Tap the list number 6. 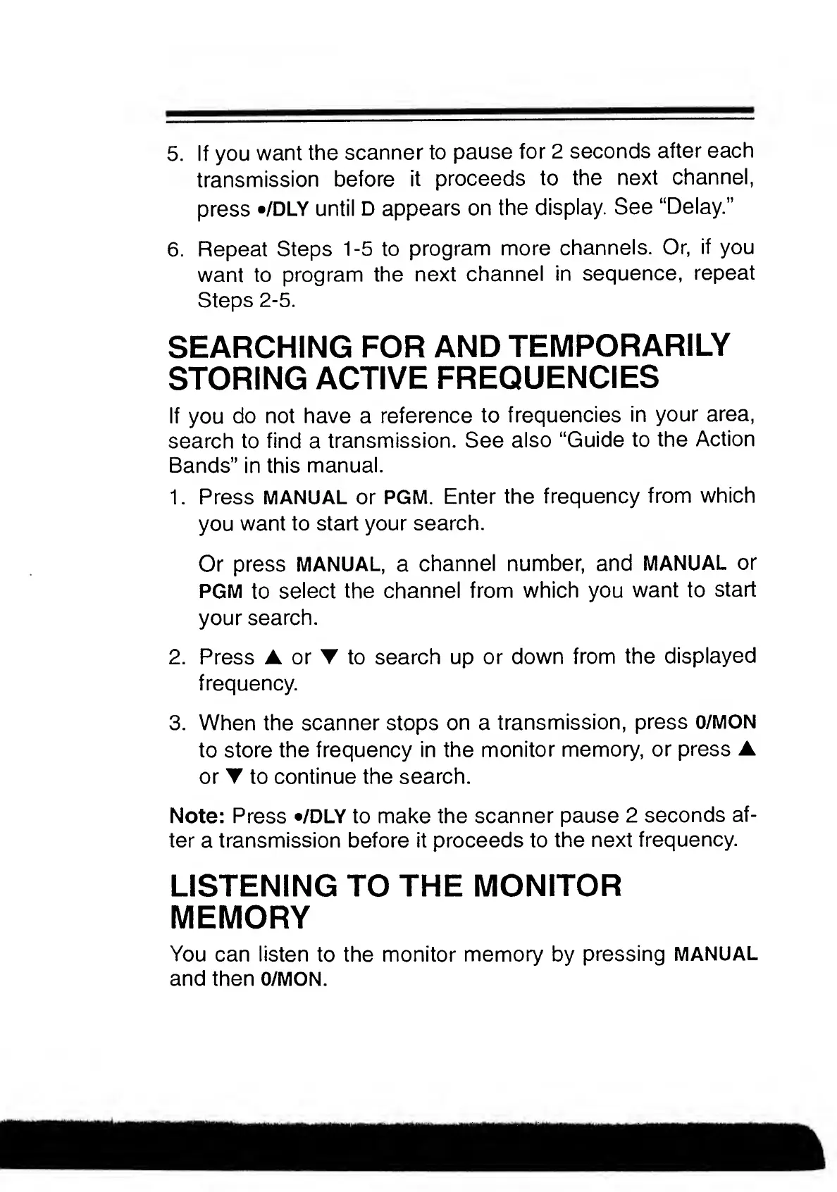coord(175,250)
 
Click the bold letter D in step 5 coord(367,209)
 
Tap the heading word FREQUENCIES coord(547,378)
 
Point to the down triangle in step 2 coord(328,657)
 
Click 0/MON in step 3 coord(725,723)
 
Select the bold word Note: coord(197,816)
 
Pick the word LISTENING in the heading coord(253,886)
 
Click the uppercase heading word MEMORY coord(240,918)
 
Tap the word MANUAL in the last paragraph coord(715,955)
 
